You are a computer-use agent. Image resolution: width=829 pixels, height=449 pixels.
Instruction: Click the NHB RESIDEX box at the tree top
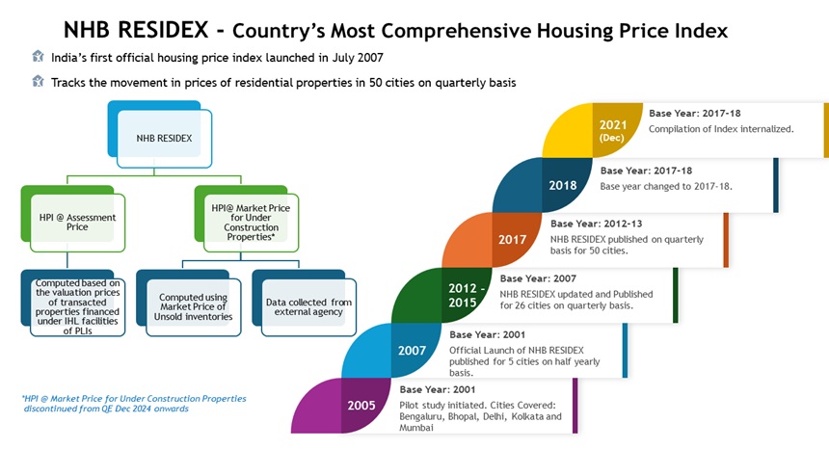(163, 136)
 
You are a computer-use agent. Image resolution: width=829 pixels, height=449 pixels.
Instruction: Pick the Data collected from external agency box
(308, 308)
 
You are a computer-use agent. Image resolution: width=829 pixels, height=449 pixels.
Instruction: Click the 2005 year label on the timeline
(362, 405)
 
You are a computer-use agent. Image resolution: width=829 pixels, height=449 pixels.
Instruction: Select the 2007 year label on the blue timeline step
(414, 350)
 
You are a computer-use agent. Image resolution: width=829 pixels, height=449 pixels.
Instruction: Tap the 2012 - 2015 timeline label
(465, 295)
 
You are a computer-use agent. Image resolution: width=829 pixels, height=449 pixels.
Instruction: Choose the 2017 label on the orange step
(512, 240)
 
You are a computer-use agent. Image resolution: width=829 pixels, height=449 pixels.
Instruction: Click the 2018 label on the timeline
(562, 185)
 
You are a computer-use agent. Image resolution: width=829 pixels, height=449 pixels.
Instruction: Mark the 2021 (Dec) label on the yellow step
(612, 130)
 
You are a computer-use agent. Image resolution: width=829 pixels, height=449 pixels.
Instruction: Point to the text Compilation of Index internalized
(720, 128)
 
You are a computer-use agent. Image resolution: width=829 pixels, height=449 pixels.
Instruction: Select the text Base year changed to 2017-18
(666, 185)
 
